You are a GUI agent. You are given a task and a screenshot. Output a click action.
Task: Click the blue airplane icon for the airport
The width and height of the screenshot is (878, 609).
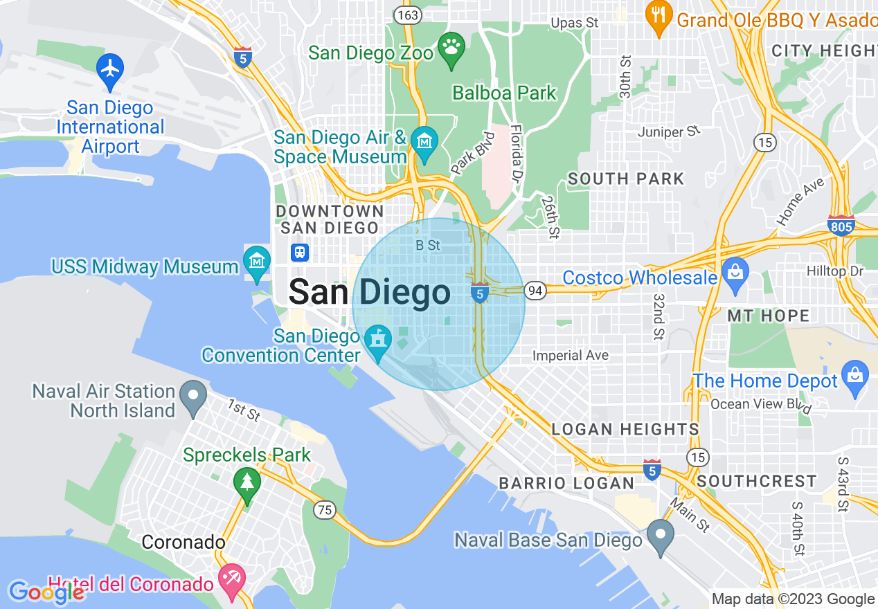(x=109, y=69)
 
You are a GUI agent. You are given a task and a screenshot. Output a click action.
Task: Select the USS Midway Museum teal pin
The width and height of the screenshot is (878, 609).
(x=257, y=262)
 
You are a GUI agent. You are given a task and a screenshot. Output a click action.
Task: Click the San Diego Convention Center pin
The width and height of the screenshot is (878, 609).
(x=378, y=340)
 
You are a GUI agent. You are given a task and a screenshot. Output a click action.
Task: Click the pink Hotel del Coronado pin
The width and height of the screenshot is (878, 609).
(x=231, y=579)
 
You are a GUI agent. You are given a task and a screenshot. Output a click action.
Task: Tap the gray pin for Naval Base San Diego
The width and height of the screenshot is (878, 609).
(x=660, y=536)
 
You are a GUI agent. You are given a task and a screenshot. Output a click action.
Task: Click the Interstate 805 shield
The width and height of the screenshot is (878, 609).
(x=841, y=225)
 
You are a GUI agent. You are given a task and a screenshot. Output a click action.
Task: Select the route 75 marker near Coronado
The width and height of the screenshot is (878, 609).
(x=323, y=510)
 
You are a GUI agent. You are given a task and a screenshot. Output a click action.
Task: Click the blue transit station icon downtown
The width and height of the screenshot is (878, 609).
(x=300, y=252)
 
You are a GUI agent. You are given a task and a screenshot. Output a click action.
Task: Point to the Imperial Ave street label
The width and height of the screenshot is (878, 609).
(x=571, y=356)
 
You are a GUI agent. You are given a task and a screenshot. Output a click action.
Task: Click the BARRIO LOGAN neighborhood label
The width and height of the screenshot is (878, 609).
(x=566, y=482)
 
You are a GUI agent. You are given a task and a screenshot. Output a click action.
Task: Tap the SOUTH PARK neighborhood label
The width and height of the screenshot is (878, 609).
(x=626, y=179)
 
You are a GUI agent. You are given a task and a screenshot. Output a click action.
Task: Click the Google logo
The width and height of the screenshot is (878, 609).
(x=46, y=592)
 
